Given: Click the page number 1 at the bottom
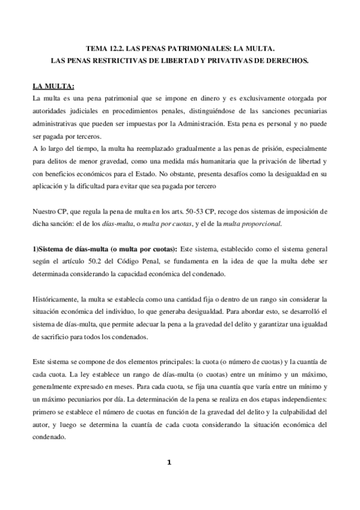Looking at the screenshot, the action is point(169,462).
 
